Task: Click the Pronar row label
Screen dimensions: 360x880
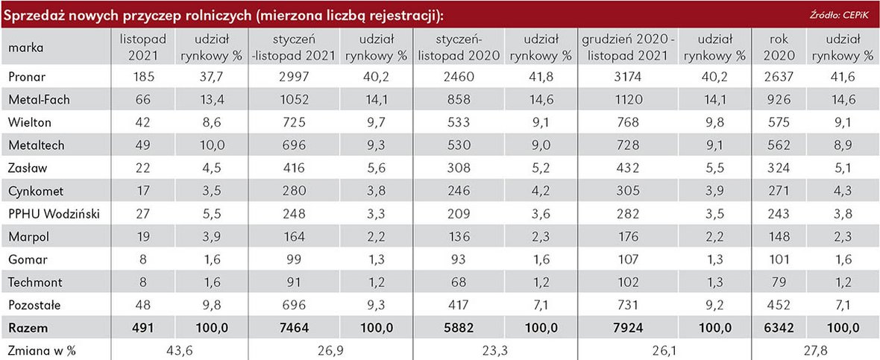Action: click(27, 76)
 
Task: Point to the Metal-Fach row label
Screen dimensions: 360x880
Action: click(38, 99)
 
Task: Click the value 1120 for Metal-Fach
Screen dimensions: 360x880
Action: click(625, 99)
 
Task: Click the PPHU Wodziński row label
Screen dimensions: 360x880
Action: click(54, 215)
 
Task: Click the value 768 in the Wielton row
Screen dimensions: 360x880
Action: click(625, 122)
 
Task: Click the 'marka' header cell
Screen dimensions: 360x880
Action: click(26, 48)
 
